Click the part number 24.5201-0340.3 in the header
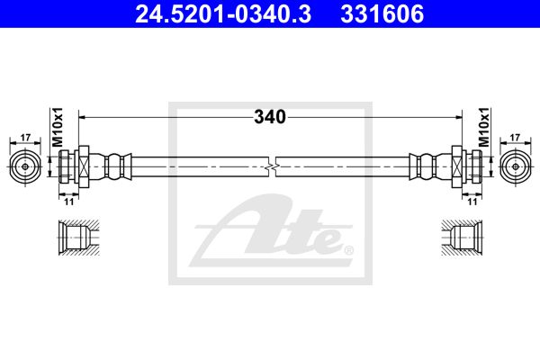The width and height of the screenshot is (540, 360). click(223, 14)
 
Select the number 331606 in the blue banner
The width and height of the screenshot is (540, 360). click(382, 14)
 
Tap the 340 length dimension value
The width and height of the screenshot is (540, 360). click(270, 117)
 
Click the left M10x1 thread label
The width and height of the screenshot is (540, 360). click(58, 126)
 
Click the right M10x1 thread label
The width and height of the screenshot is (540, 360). click(484, 126)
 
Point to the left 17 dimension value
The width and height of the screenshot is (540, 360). click(25, 138)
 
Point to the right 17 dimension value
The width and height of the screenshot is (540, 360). click(515, 138)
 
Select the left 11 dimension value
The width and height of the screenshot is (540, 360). click(69, 202)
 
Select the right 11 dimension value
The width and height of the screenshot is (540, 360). click(472, 202)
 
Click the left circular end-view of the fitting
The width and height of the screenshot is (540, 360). click(25, 166)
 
